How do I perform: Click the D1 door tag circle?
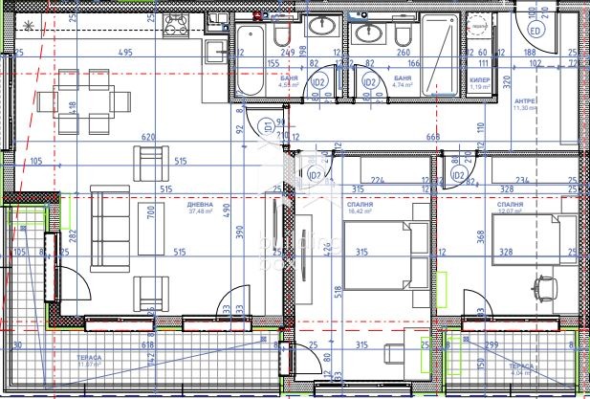pos(269,125)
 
